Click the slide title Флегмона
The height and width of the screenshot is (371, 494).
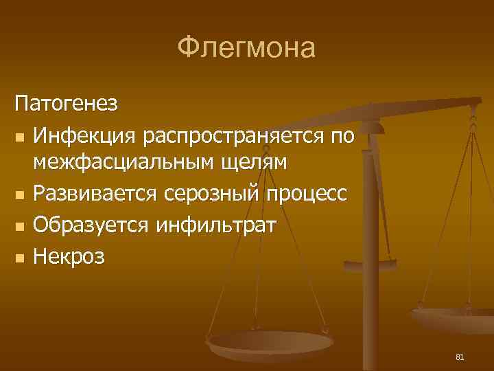[x=246, y=49]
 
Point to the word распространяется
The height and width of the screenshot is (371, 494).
[x=235, y=137]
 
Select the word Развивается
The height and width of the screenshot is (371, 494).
[x=97, y=195]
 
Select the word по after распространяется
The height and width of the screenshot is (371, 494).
[x=342, y=137]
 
